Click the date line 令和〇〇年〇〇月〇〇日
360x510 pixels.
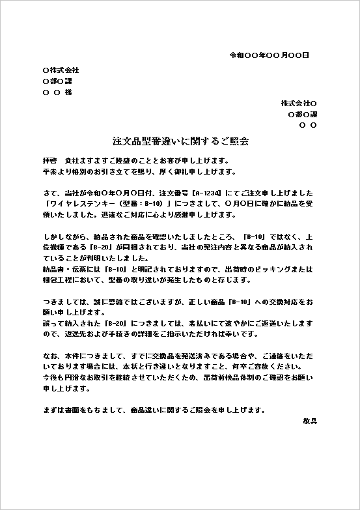pyautogui.click(x=269, y=55)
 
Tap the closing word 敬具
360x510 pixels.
pyautogui.click(x=310, y=421)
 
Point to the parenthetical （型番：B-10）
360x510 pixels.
pyautogui.click(x=130, y=205)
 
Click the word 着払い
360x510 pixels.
pyautogui.click(x=199, y=324)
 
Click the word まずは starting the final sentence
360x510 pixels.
pyautogui.click(x=53, y=410)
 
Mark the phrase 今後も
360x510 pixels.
pyautogui.click(x=53, y=378)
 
